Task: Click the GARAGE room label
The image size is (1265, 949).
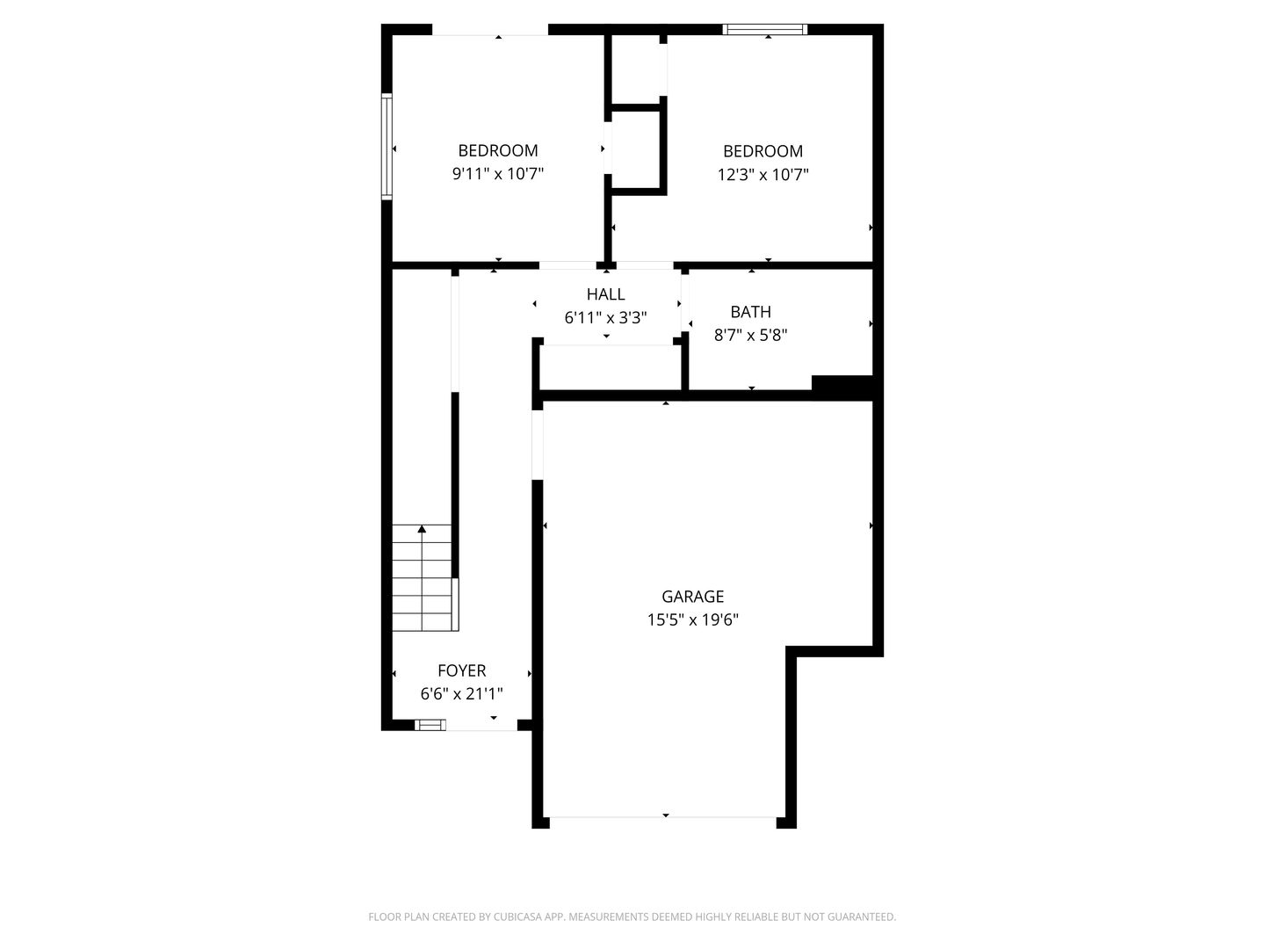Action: (692, 597)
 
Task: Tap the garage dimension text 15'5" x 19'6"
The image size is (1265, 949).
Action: (692, 619)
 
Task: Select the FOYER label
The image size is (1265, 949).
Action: (461, 670)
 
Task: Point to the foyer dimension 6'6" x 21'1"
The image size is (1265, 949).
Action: (461, 694)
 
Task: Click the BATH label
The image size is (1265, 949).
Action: (750, 312)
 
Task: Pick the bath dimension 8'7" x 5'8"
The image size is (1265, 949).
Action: (750, 335)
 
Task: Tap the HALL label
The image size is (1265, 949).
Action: (605, 294)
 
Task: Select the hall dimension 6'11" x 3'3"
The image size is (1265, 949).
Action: (605, 318)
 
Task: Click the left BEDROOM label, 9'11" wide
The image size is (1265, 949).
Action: (497, 151)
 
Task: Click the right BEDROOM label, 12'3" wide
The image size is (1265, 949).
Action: (763, 151)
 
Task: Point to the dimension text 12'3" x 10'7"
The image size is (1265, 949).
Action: (763, 174)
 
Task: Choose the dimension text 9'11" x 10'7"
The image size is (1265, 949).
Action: (497, 174)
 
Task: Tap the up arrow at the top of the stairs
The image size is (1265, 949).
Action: (422, 529)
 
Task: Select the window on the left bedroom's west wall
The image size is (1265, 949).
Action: (386, 146)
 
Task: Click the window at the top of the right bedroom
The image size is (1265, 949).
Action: (764, 30)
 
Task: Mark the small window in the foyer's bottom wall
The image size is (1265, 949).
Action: (430, 725)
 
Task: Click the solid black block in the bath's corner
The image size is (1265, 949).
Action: (842, 384)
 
